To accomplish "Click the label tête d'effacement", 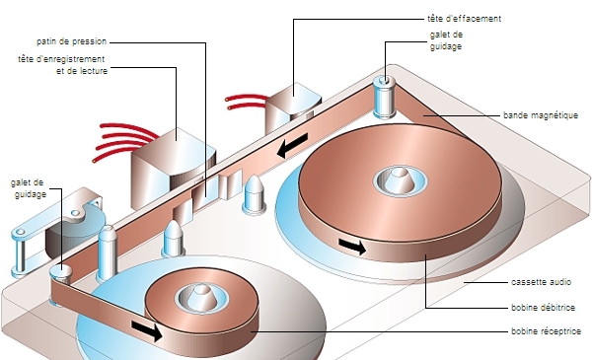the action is coord(464,19).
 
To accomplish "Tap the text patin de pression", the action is coord(71,41).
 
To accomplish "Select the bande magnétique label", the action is coord(541,115).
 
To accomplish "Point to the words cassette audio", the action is coord(541,282).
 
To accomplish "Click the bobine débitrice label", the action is coord(543,307).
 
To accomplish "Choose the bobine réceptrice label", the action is coord(546,331).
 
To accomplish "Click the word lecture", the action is coord(93,71).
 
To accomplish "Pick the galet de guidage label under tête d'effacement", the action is coord(446,40).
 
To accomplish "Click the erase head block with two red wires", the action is coord(293,106).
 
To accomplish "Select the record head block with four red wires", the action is coord(173,167).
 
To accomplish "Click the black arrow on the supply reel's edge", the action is coord(352,246).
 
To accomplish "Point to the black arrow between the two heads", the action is coord(293,145).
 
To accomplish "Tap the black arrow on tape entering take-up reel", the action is coord(147,330).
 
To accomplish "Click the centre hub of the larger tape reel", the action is coord(401,180).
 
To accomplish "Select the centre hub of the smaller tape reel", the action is coord(201,298).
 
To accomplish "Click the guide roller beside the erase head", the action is coord(384,97).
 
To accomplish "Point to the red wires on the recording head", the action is coord(125,140).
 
